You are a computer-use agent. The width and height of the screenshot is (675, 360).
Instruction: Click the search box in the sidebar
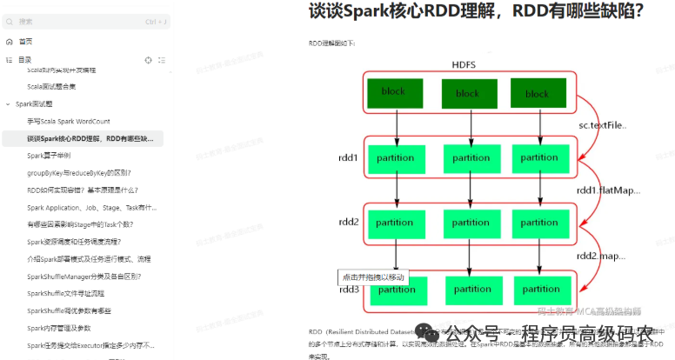click(x=83, y=21)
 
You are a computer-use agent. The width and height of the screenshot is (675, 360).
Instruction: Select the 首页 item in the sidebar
click(x=25, y=41)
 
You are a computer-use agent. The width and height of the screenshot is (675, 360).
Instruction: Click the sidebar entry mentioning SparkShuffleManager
click(x=84, y=276)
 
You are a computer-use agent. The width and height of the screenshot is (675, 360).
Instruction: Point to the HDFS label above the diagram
click(x=463, y=65)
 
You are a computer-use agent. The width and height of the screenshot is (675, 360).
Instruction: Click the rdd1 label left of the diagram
click(x=349, y=158)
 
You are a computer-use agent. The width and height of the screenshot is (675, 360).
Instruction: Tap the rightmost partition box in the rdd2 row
click(x=540, y=223)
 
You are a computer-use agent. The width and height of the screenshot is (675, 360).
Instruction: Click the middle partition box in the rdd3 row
click(x=472, y=289)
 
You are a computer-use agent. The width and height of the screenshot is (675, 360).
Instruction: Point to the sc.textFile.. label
click(x=603, y=125)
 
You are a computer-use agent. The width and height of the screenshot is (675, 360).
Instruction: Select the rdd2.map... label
click(x=602, y=256)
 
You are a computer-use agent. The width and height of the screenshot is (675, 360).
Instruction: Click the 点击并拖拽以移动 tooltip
click(x=373, y=277)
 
